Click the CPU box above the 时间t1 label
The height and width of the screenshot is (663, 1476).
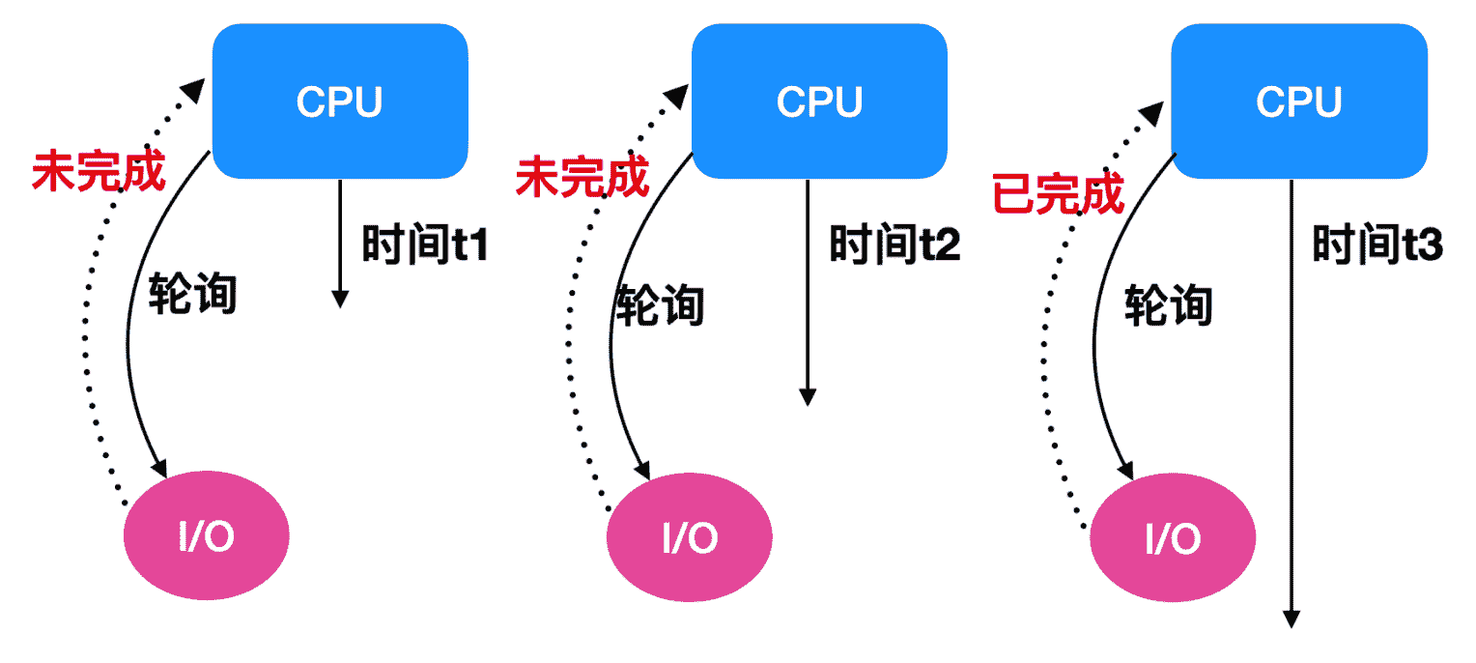click(x=339, y=101)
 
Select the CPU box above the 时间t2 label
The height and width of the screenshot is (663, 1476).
click(x=819, y=101)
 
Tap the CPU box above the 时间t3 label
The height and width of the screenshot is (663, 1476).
click(x=1298, y=101)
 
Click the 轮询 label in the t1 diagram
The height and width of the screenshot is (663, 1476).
click(x=192, y=295)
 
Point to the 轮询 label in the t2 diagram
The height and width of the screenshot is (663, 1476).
click(x=661, y=306)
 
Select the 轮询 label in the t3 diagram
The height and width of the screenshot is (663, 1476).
click(x=1168, y=306)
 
